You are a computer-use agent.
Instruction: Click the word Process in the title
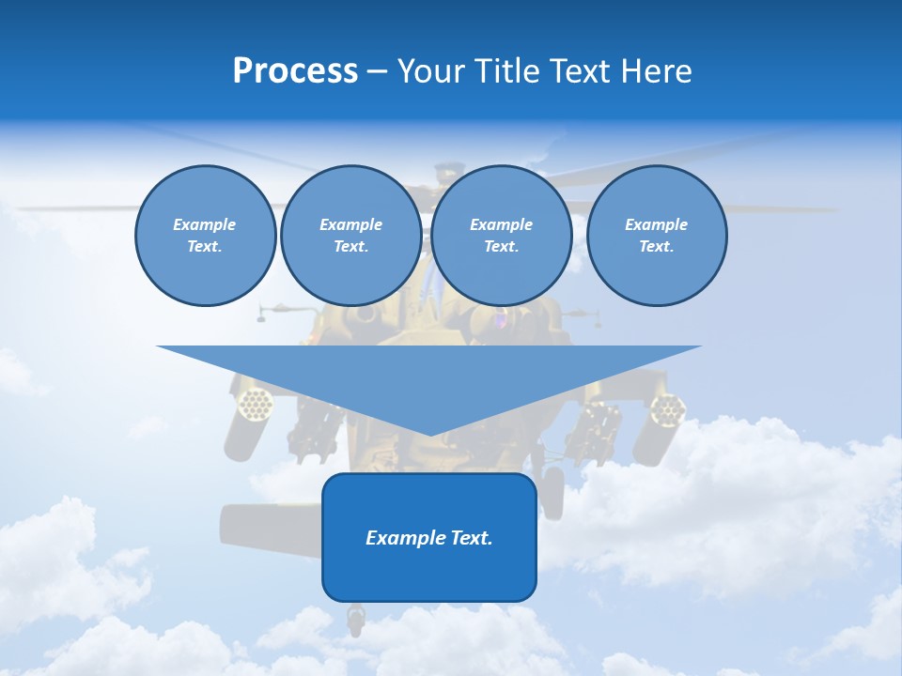pyautogui.click(x=295, y=71)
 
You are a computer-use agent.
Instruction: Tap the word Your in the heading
pyautogui.click(x=431, y=71)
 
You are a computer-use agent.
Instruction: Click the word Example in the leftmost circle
pyautogui.click(x=205, y=224)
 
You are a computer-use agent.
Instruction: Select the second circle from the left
pyautogui.click(x=350, y=236)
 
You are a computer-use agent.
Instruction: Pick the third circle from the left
pyautogui.click(x=501, y=236)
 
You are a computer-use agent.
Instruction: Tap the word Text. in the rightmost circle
pyautogui.click(x=656, y=247)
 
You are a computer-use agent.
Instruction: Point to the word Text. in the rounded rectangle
pyautogui.click(x=471, y=538)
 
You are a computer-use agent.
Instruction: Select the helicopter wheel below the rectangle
pyautogui.click(x=355, y=617)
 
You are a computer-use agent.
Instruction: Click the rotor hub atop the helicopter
pyautogui.click(x=448, y=174)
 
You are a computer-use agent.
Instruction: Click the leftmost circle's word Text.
pyautogui.click(x=205, y=247)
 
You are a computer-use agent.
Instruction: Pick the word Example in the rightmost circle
pyautogui.click(x=656, y=224)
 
